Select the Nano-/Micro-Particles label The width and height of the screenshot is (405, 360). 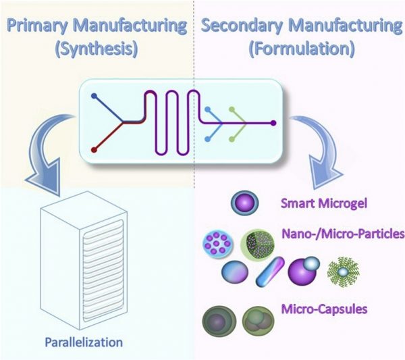pos(341,234)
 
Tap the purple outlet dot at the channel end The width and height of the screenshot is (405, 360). pos(273,124)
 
